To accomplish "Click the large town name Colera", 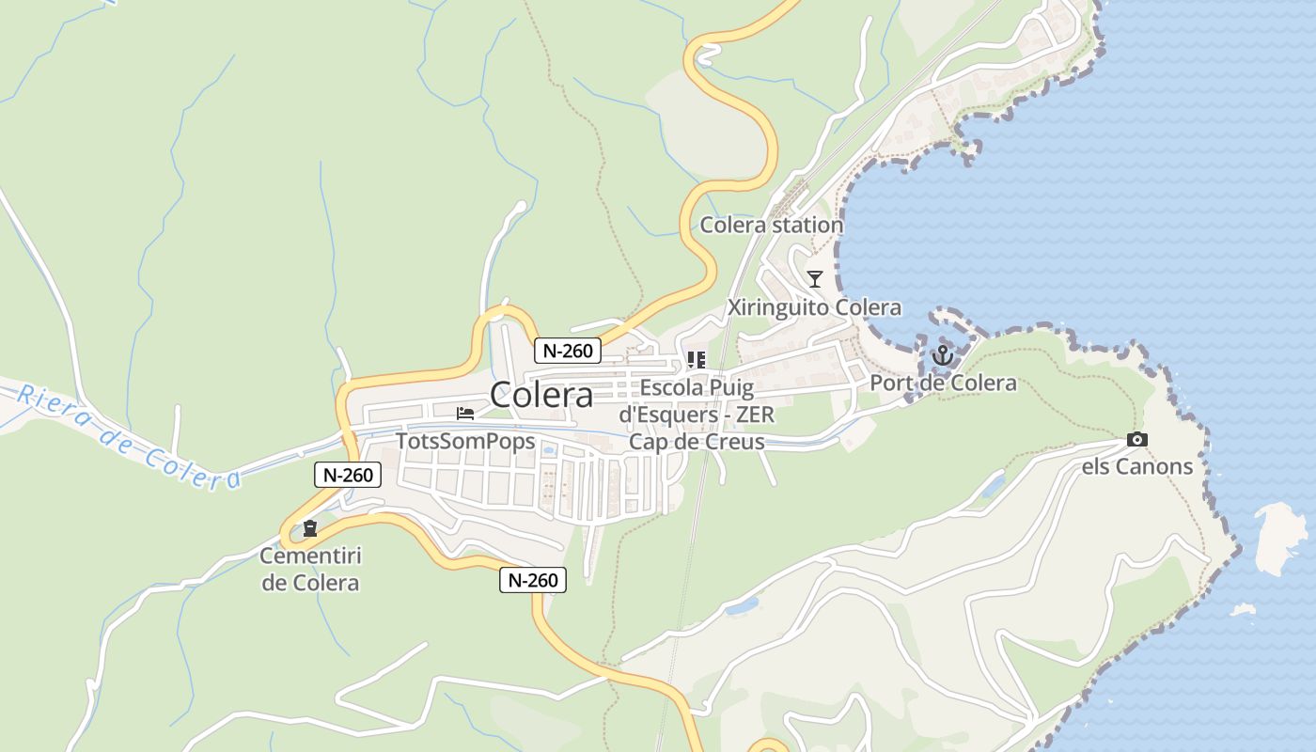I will (x=541, y=395).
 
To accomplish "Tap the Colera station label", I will (x=771, y=226).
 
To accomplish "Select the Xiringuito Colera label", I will (x=814, y=307).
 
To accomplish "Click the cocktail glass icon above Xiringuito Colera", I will (x=815, y=278).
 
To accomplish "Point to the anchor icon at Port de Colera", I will (x=942, y=355).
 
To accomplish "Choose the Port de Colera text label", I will (x=943, y=383).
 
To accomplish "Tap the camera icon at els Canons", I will (x=1136, y=439).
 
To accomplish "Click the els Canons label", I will (x=1136, y=466).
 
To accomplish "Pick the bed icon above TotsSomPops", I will (x=465, y=413).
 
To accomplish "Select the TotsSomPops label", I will (x=465, y=441).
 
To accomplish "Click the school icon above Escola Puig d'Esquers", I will (x=697, y=359).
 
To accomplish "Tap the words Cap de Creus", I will (x=697, y=442).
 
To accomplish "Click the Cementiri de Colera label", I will (x=310, y=569).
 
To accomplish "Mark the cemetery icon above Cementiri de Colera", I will (x=310, y=528).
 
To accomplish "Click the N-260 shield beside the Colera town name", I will (x=568, y=351).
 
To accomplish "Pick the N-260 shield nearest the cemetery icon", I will (x=348, y=475).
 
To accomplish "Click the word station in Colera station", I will (x=807, y=226).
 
